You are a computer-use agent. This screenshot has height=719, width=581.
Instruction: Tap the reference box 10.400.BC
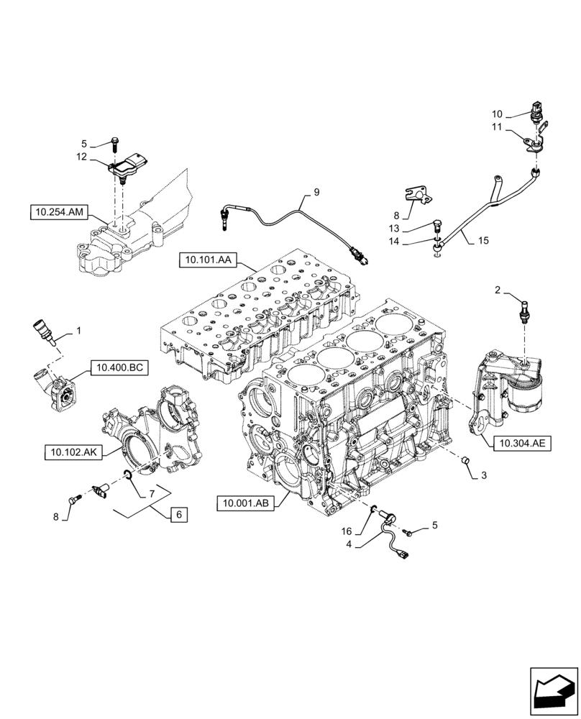click(x=118, y=369)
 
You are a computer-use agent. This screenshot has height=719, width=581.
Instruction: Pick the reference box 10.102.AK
click(x=73, y=452)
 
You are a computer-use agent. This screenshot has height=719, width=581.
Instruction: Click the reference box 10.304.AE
click(x=521, y=443)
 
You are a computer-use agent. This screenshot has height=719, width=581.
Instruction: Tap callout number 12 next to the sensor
click(x=81, y=157)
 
